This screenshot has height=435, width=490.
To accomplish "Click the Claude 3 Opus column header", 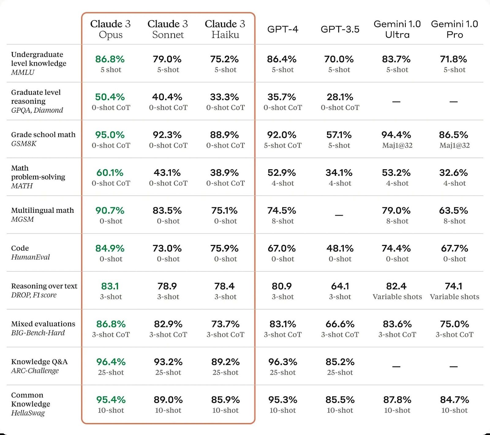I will click(x=110, y=29).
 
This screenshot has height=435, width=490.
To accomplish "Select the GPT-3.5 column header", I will click(x=340, y=29).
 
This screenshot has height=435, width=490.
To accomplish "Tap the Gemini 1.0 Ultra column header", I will click(x=397, y=29).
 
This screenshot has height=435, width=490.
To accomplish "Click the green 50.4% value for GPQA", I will click(x=110, y=97).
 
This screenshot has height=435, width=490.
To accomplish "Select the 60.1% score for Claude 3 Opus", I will click(x=110, y=173).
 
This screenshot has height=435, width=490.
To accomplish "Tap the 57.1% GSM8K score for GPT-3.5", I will click(x=339, y=135).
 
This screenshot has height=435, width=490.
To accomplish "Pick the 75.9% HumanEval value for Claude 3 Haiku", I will click(x=224, y=248).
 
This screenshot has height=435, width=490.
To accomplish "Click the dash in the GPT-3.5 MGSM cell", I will click(x=339, y=215).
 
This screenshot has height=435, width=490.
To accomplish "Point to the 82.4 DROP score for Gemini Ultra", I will click(x=396, y=286).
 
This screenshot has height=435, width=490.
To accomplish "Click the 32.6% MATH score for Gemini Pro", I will click(x=454, y=173).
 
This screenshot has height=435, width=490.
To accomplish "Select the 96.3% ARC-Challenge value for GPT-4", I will click(x=283, y=362).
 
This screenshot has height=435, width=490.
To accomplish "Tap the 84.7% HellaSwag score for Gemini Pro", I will click(x=454, y=400).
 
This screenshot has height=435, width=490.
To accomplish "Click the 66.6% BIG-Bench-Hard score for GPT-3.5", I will click(x=340, y=324).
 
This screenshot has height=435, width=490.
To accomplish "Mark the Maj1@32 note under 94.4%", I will click(x=397, y=145).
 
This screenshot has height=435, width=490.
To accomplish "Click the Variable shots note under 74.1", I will click(x=454, y=297).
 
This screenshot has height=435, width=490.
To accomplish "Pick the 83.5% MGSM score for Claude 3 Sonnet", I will click(x=167, y=211).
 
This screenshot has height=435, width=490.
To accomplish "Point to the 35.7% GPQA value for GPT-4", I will click(x=282, y=97).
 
